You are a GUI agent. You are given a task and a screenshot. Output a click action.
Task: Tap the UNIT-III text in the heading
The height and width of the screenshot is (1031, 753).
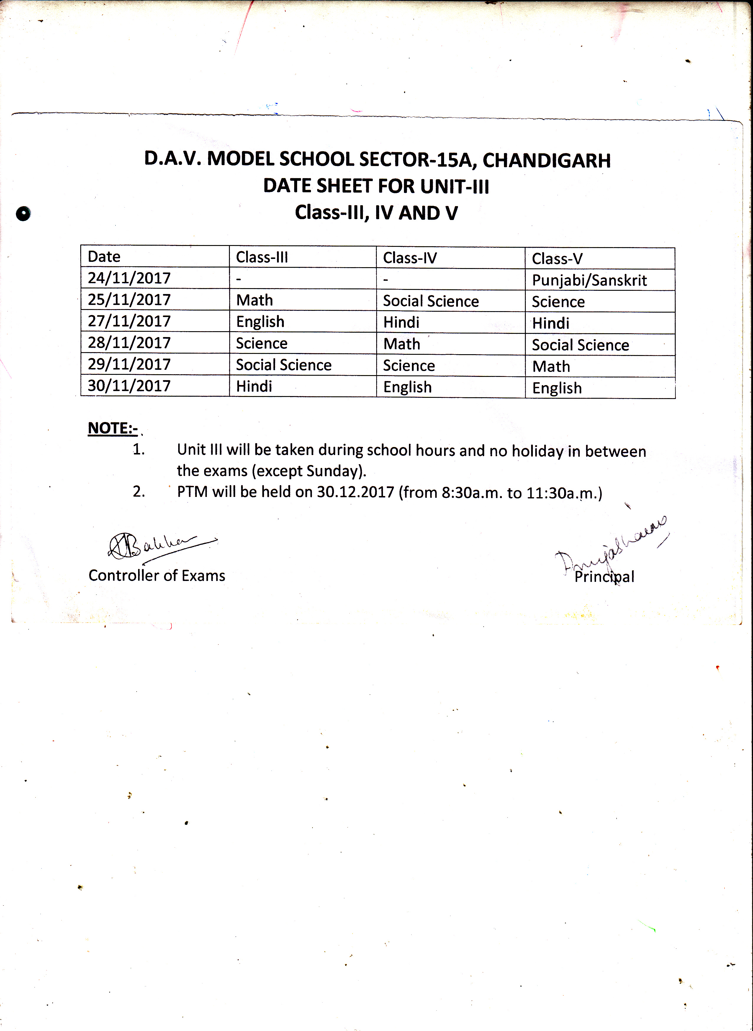point(454,186)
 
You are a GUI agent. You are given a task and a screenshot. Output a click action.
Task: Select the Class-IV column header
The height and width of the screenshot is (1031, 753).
point(410,258)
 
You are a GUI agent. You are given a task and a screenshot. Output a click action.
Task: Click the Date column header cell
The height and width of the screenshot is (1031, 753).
point(104,257)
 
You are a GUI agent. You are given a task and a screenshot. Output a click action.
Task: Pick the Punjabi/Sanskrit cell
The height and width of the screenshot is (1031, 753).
point(589,280)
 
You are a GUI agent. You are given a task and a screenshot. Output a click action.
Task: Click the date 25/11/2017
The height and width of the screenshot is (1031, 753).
point(129,299)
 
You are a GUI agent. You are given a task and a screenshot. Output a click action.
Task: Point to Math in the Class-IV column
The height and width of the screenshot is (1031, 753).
point(402,344)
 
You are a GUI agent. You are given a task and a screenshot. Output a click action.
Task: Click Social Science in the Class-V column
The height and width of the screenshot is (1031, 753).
point(580,345)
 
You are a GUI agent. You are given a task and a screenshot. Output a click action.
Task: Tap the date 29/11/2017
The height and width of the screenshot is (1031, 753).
point(129,364)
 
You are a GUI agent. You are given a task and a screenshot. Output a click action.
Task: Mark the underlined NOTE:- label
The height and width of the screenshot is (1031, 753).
point(113,428)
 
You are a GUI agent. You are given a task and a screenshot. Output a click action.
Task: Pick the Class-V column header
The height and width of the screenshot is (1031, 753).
point(557,259)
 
